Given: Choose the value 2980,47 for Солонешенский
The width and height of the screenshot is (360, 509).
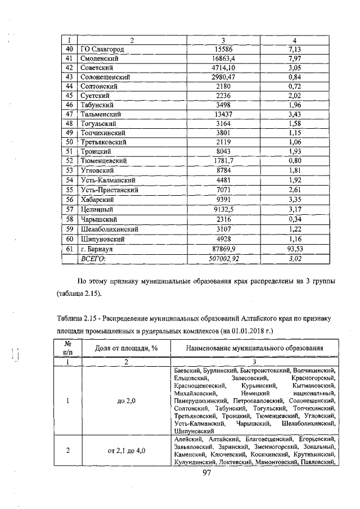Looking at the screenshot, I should [223, 77].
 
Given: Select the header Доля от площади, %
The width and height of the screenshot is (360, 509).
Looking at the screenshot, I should [125, 349].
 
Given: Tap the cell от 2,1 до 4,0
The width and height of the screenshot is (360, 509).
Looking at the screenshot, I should [125, 451].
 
